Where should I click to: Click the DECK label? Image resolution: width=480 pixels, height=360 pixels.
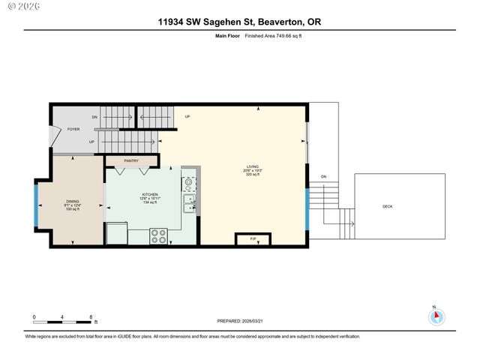[387, 206]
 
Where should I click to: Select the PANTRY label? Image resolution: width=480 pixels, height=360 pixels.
[132, 160]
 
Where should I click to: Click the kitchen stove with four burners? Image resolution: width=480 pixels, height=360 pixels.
[159, 236]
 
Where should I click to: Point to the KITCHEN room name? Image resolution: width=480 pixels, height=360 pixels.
[151, 194]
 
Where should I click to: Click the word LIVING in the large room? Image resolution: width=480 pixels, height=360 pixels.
[253, 166]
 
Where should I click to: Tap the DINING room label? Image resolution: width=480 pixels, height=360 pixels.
[73, 201]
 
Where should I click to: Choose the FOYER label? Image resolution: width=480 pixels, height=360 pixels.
[73, 129]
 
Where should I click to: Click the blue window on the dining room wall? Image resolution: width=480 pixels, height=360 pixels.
[36, 204]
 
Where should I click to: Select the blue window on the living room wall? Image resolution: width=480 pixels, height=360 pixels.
[307, 211]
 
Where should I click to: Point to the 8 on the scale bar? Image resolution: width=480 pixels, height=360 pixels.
[91, 317]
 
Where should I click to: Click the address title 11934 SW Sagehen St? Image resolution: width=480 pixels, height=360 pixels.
[239, 22]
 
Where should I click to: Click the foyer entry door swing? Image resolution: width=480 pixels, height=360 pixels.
[52, 136]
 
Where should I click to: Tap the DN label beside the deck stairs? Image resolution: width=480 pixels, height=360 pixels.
[323, 176]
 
